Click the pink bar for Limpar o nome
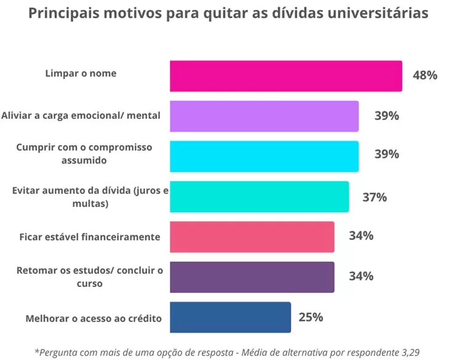285,76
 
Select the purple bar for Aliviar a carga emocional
264,116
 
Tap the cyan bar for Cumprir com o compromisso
264,156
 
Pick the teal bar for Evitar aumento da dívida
259,197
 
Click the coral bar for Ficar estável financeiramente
252,237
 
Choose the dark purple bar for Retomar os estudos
252,277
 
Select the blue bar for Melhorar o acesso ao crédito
230,318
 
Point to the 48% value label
425,76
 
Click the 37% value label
374,197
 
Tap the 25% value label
311,318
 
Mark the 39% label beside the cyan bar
386,154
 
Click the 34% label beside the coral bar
361,236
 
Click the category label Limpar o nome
81,73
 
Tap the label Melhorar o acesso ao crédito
93,318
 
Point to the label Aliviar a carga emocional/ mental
81,114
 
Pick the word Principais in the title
64,14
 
